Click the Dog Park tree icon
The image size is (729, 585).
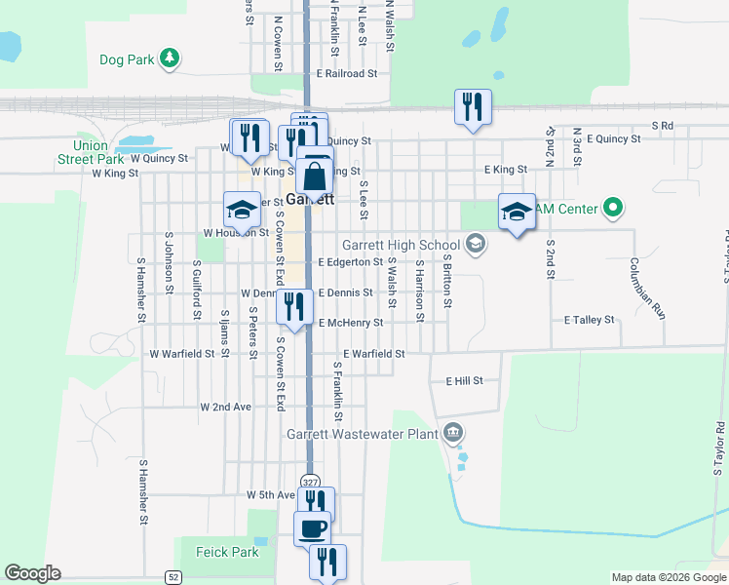(170, 58)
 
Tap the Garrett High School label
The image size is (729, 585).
(400, 245)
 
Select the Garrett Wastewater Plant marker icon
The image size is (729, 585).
(452, 432)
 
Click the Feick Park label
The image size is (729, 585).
(226, 552)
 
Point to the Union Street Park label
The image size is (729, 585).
(91, 152)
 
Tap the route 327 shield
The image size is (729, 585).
(310, 482)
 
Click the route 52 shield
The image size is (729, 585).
(173, 576)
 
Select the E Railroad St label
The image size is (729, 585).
(346, 73)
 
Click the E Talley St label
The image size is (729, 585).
(589, 319)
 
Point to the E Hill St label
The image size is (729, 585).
(464, 380)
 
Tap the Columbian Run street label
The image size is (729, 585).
(645, 289)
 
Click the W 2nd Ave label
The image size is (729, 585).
(225, 406)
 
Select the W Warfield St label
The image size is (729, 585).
(181, 353)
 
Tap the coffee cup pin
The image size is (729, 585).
(312, 528)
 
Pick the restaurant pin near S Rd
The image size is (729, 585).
(472, 106)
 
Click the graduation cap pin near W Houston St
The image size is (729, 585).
(242, 210)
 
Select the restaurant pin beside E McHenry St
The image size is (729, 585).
(293, 306)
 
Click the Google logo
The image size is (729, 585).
(32, 573)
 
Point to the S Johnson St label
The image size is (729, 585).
(169, 261)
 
